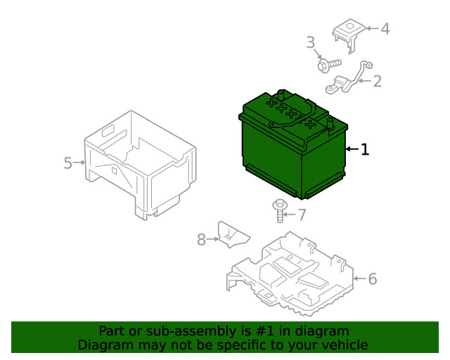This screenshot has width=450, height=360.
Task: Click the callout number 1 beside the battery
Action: point(365,149)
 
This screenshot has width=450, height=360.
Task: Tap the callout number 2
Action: point(378,82)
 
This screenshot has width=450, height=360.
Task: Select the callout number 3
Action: point(311,42)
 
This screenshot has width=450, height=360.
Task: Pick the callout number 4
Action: point(385,29)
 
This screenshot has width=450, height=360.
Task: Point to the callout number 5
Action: point(67,163)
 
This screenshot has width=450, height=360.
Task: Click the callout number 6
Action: point(373,279)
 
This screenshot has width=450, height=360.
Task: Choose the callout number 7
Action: point(302,215)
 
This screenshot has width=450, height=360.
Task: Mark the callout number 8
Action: point(201,240)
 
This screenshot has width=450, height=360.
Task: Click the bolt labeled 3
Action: point(329,65)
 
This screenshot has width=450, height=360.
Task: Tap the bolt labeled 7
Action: point(279,210)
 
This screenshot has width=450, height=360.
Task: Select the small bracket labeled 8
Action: point(233,235)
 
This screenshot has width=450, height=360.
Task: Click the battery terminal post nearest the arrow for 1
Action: point(330,124)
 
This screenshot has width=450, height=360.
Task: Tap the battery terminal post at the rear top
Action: point(281,94)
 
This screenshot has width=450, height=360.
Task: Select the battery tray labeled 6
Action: point(290,274)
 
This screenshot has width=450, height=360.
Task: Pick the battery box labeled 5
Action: point(141,165)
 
